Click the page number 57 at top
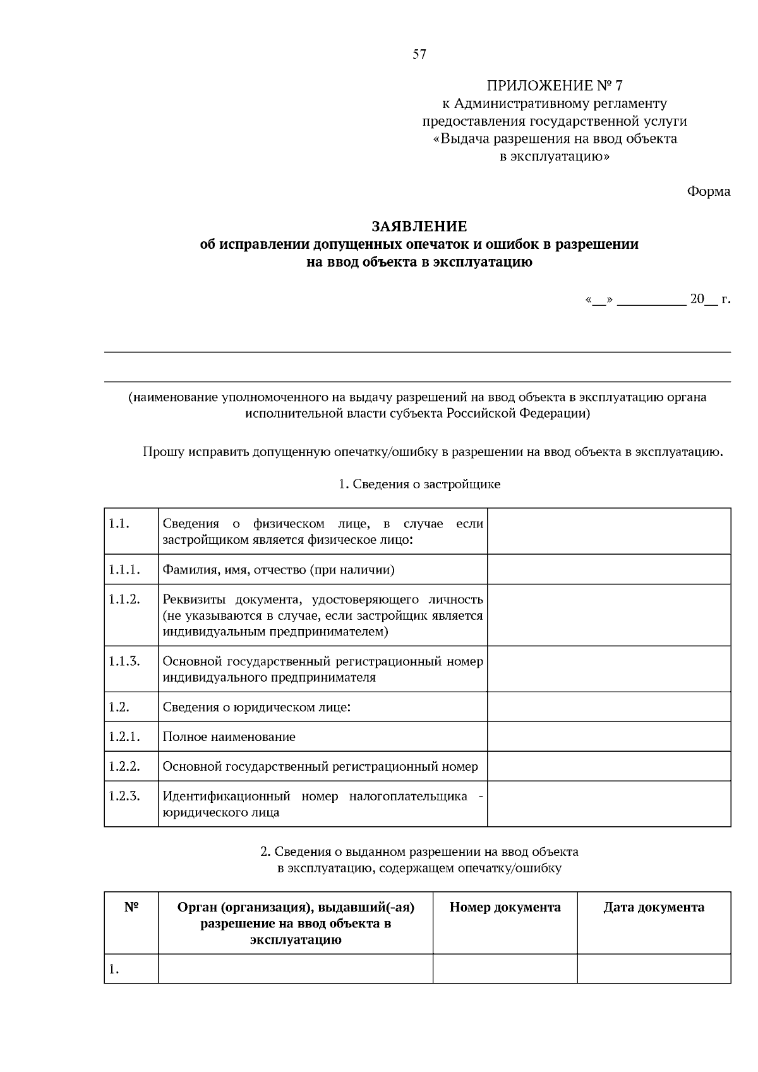419,54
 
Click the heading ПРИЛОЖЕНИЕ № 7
554,85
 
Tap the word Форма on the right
708,191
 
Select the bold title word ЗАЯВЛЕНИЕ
419,226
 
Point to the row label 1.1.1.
124,570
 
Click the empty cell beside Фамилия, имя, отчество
608,570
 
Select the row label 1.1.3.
124,661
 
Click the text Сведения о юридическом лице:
256,707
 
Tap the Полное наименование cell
229,737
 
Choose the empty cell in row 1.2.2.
608,766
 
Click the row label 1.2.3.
124,796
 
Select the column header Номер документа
505,908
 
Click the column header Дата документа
654,908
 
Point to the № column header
131,908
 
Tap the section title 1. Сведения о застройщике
419,485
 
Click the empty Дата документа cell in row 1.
654,968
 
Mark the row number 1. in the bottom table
114,969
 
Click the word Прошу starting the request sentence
163,452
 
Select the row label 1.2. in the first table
119,707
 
